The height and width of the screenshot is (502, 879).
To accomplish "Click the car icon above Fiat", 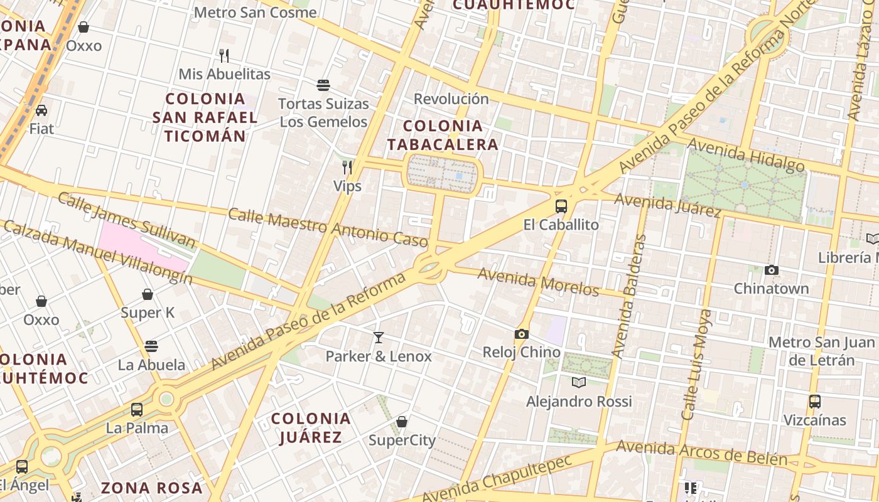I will point(41,110).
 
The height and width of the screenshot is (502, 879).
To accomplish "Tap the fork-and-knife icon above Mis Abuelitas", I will point(224,56).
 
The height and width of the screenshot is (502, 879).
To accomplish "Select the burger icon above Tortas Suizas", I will point(323,85).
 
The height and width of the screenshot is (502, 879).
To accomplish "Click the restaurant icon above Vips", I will point(347,167).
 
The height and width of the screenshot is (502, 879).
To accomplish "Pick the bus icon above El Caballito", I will point(561,206).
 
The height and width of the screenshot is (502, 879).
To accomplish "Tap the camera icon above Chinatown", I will point(772,270).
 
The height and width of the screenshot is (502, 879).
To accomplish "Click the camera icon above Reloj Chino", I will point(522,334).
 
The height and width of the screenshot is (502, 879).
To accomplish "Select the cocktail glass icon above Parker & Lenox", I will point(378,338).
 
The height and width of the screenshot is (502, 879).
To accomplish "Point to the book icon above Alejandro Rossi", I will point(579,382).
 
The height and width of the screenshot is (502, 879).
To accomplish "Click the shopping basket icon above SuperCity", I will point(402,422).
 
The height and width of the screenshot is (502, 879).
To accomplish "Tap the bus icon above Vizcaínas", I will point(815,401).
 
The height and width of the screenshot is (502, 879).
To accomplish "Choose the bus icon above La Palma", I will point(137,410).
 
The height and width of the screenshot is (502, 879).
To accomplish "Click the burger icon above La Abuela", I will point(151,346).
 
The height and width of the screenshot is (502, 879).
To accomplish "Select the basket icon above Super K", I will point(148,294).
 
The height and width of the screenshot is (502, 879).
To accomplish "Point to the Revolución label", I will point(451,99).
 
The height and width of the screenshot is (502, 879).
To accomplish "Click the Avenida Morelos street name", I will point(538,281).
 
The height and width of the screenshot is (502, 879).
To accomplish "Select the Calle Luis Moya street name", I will point(698,365).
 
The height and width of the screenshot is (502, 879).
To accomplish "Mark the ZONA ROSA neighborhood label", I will point(151,488).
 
